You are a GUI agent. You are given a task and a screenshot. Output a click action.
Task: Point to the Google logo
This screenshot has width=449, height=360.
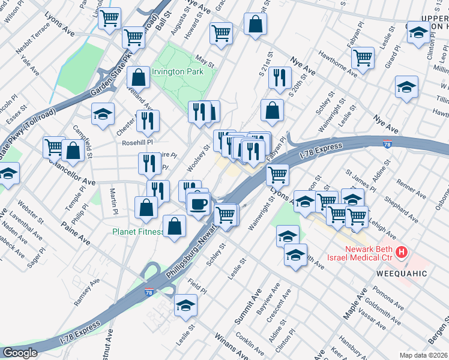(20, 353)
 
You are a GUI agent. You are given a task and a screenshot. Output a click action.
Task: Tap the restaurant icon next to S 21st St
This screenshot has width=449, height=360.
(280, 77)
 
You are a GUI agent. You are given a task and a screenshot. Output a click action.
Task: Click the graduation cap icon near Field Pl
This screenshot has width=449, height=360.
(185, 305)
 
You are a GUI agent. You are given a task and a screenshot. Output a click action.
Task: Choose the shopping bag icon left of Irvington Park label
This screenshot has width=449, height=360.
(139, 77)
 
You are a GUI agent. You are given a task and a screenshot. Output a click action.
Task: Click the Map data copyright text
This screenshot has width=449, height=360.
(423, 355)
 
